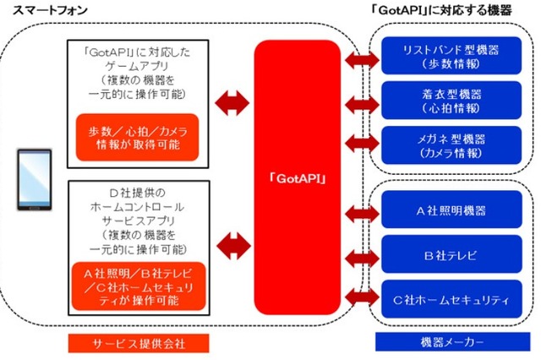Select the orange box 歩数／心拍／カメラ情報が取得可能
140,138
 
